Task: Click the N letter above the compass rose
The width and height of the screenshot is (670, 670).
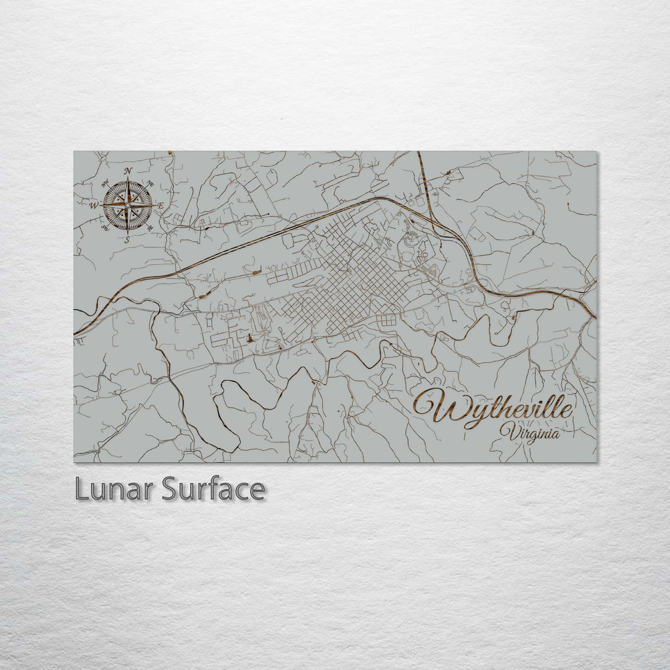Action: (x=128, y=171)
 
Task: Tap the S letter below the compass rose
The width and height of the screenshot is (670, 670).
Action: (x=127, y=239)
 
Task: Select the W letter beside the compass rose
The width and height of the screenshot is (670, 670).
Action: (x=94, y=205)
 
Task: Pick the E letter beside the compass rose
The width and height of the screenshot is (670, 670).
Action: (x=161, y=205)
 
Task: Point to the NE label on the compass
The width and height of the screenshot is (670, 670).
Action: (x=150, y=182)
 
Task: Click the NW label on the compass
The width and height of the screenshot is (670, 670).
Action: (x=105, y=183)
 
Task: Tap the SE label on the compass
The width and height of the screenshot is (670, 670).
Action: (x=150, y=228)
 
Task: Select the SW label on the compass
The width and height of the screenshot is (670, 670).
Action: (x=105, y=228)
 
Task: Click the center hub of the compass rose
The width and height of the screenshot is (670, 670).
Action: (x=128, y=205)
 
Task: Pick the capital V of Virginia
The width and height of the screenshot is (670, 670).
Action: (x=511, y=431)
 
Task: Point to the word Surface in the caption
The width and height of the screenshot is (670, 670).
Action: (x=213, y=489)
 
